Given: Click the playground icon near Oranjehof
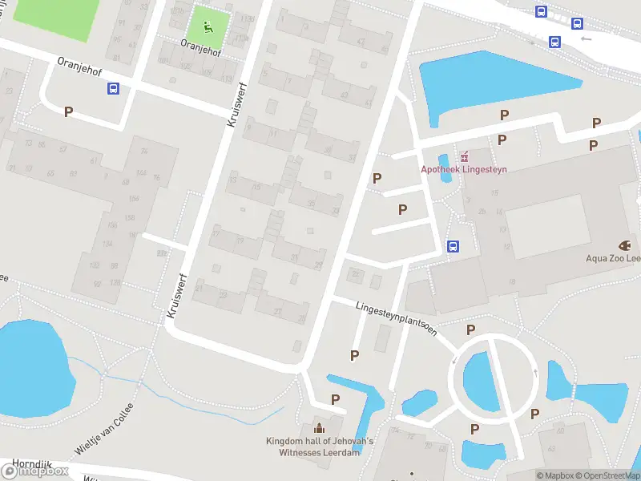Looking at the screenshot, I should point(208,26).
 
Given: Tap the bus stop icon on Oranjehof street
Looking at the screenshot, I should point(113,89).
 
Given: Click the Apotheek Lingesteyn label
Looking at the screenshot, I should point(464,169).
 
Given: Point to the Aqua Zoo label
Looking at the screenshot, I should point(613,259).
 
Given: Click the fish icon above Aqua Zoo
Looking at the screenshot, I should point(624,245).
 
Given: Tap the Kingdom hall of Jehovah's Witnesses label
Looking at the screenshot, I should point(320,447).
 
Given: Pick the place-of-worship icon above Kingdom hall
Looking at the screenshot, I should point(320,427).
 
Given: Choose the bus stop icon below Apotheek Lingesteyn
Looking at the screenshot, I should point(453,246).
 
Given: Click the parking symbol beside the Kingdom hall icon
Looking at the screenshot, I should point(336,399).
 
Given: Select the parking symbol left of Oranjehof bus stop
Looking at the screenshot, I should point(68,112).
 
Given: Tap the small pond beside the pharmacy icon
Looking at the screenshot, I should point(445,168).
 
